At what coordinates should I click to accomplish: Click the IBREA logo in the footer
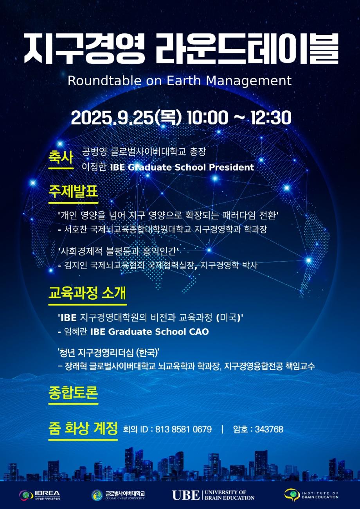pyautogui.click(x=40, y=495)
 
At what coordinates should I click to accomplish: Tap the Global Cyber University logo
pyautogui.click(x=118, y=495)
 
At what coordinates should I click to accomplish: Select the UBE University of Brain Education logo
pyautogui.click(x=213, y=495)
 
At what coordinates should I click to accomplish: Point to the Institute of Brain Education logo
pyautogui.click(x=311, y=495)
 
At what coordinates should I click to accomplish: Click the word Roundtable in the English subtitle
pyautogui.click(x=104, y=81)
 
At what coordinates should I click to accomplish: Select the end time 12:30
pyautogui.click(x=271, y=118)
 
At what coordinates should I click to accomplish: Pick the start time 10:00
pyautogui.click(x=207, y=118)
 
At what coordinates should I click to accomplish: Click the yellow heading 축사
pyautogui.click(x=61, y=157)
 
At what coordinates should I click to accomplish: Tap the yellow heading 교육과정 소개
pyautogui.click(x=87, y=293)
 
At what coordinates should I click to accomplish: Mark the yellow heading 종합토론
pyautogui.click(x=73, y=393)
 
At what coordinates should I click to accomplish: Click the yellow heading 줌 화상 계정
pyautogui.click(x=83, y=428)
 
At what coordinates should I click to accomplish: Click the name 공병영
pyautogui.click(x=94, y=151)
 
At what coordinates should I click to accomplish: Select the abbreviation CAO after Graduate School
pyautogui.click(x=199, y=332)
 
